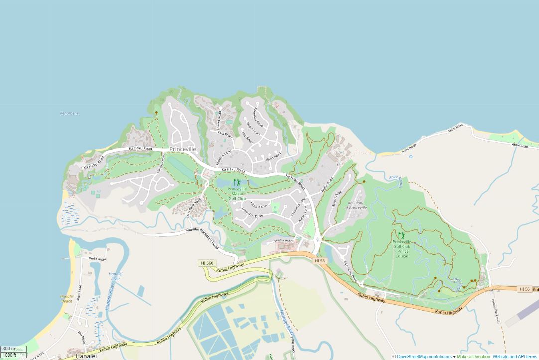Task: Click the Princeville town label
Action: click(183, 149)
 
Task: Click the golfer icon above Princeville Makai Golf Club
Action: click(237, 183)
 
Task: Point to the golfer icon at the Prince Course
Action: click(401, 235)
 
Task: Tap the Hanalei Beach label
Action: click(67, 298)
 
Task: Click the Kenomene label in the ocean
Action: click(69, 113)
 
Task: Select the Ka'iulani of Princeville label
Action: click(357, 205)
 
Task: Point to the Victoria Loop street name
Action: click(259, 205)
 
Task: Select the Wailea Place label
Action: click(284, 240)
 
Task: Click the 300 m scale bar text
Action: click(8, 349)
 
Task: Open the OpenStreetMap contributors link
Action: click(424, 357)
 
